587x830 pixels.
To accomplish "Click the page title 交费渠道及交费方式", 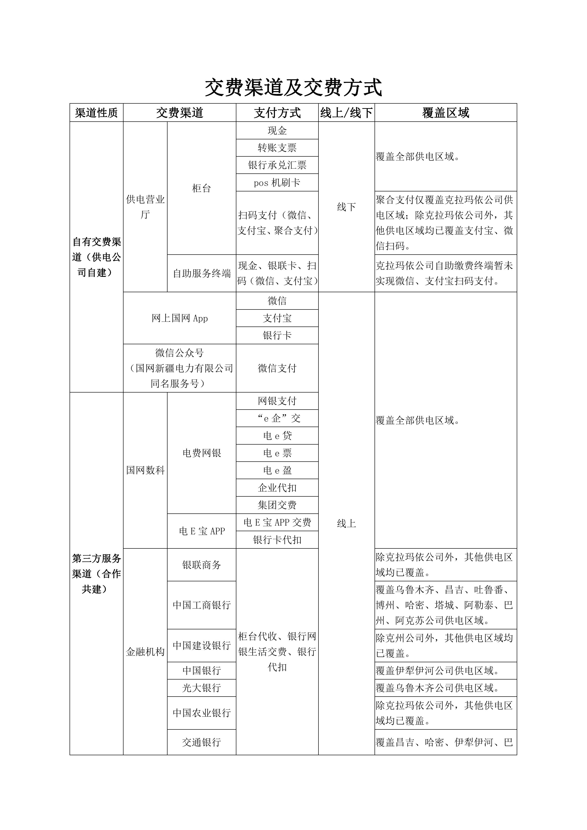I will [293, 88].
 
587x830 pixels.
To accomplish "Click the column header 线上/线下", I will [346, 113].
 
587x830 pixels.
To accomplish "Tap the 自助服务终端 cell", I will [201, 273].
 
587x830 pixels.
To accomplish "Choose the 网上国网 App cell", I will [179, 318].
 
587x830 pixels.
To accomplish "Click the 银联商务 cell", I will [201, 565].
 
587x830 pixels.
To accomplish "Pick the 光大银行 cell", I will [201, 688].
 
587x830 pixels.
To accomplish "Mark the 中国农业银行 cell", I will [201, 713].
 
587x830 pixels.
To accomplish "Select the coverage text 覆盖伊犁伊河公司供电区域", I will [437, 671].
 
